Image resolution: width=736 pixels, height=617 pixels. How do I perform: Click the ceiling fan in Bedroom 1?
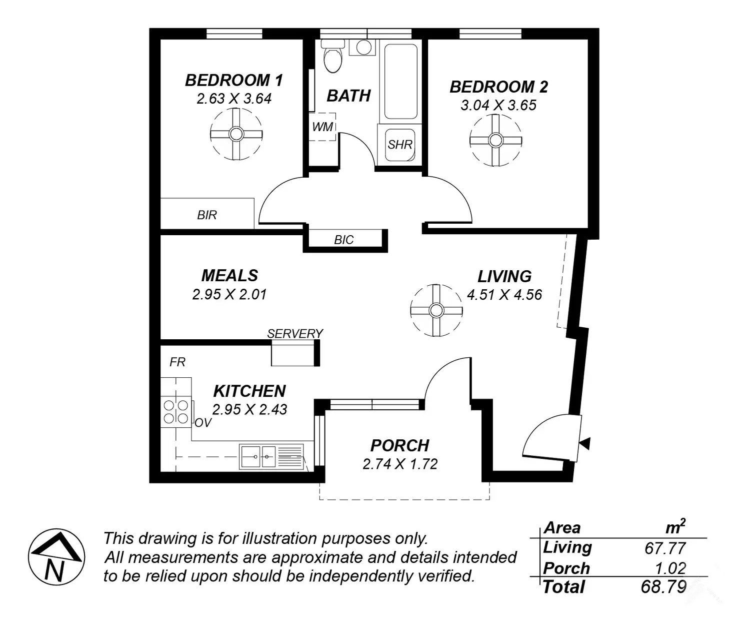(236, 134)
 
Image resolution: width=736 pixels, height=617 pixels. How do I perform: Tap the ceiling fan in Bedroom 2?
(495, 140)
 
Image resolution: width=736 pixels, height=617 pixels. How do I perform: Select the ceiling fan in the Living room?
(436, 310)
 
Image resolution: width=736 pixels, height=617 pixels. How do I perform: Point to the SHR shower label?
(400, 145)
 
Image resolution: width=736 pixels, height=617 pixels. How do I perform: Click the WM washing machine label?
(322, 127)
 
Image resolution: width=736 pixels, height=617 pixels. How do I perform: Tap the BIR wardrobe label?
(207, 215)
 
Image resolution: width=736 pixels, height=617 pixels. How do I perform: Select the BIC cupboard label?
(343, 240)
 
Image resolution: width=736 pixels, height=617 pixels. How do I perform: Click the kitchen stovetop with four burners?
(176, 412)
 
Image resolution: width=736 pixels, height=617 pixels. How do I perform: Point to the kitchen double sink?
(258, 456)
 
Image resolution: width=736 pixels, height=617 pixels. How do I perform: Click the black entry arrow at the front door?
(585, 443)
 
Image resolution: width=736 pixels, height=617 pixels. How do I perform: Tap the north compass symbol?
(56, 557)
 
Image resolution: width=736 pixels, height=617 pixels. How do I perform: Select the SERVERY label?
(295, 333)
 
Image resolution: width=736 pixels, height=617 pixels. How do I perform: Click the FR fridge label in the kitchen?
(177, 362)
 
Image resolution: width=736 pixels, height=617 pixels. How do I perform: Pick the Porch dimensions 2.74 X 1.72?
(400, 464)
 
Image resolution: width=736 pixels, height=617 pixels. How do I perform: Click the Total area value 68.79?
(663, 586)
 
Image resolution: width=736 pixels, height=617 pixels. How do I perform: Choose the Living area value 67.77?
(665, 548)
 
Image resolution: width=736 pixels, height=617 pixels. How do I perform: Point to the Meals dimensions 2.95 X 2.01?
(229, 294)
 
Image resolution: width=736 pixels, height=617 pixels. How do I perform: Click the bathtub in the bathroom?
(400, 81)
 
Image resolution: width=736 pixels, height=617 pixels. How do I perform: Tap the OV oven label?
(203, 423)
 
